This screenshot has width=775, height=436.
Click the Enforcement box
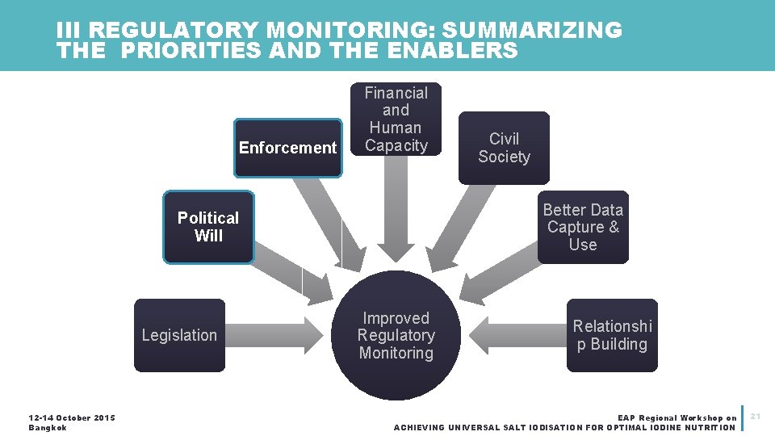tap(287, 148)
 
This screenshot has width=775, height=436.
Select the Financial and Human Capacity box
tap(396, 119)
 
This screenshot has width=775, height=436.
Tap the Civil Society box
tap(504, 148)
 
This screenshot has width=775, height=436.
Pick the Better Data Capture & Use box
tap(583, 227)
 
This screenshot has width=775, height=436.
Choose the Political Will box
tap(208, 227)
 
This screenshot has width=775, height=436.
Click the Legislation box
tap(179, 335)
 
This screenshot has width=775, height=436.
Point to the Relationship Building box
tap(612, 335)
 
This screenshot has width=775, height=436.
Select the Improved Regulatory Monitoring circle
tap(396, 335)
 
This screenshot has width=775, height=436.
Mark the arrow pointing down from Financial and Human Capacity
tap(396, 210)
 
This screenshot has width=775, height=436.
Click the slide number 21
tap(756, 416)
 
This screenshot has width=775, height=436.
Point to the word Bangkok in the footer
tap(47, 427)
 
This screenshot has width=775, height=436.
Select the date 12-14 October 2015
tap(72, 417)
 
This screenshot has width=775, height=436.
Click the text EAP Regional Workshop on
tap(677, 418)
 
